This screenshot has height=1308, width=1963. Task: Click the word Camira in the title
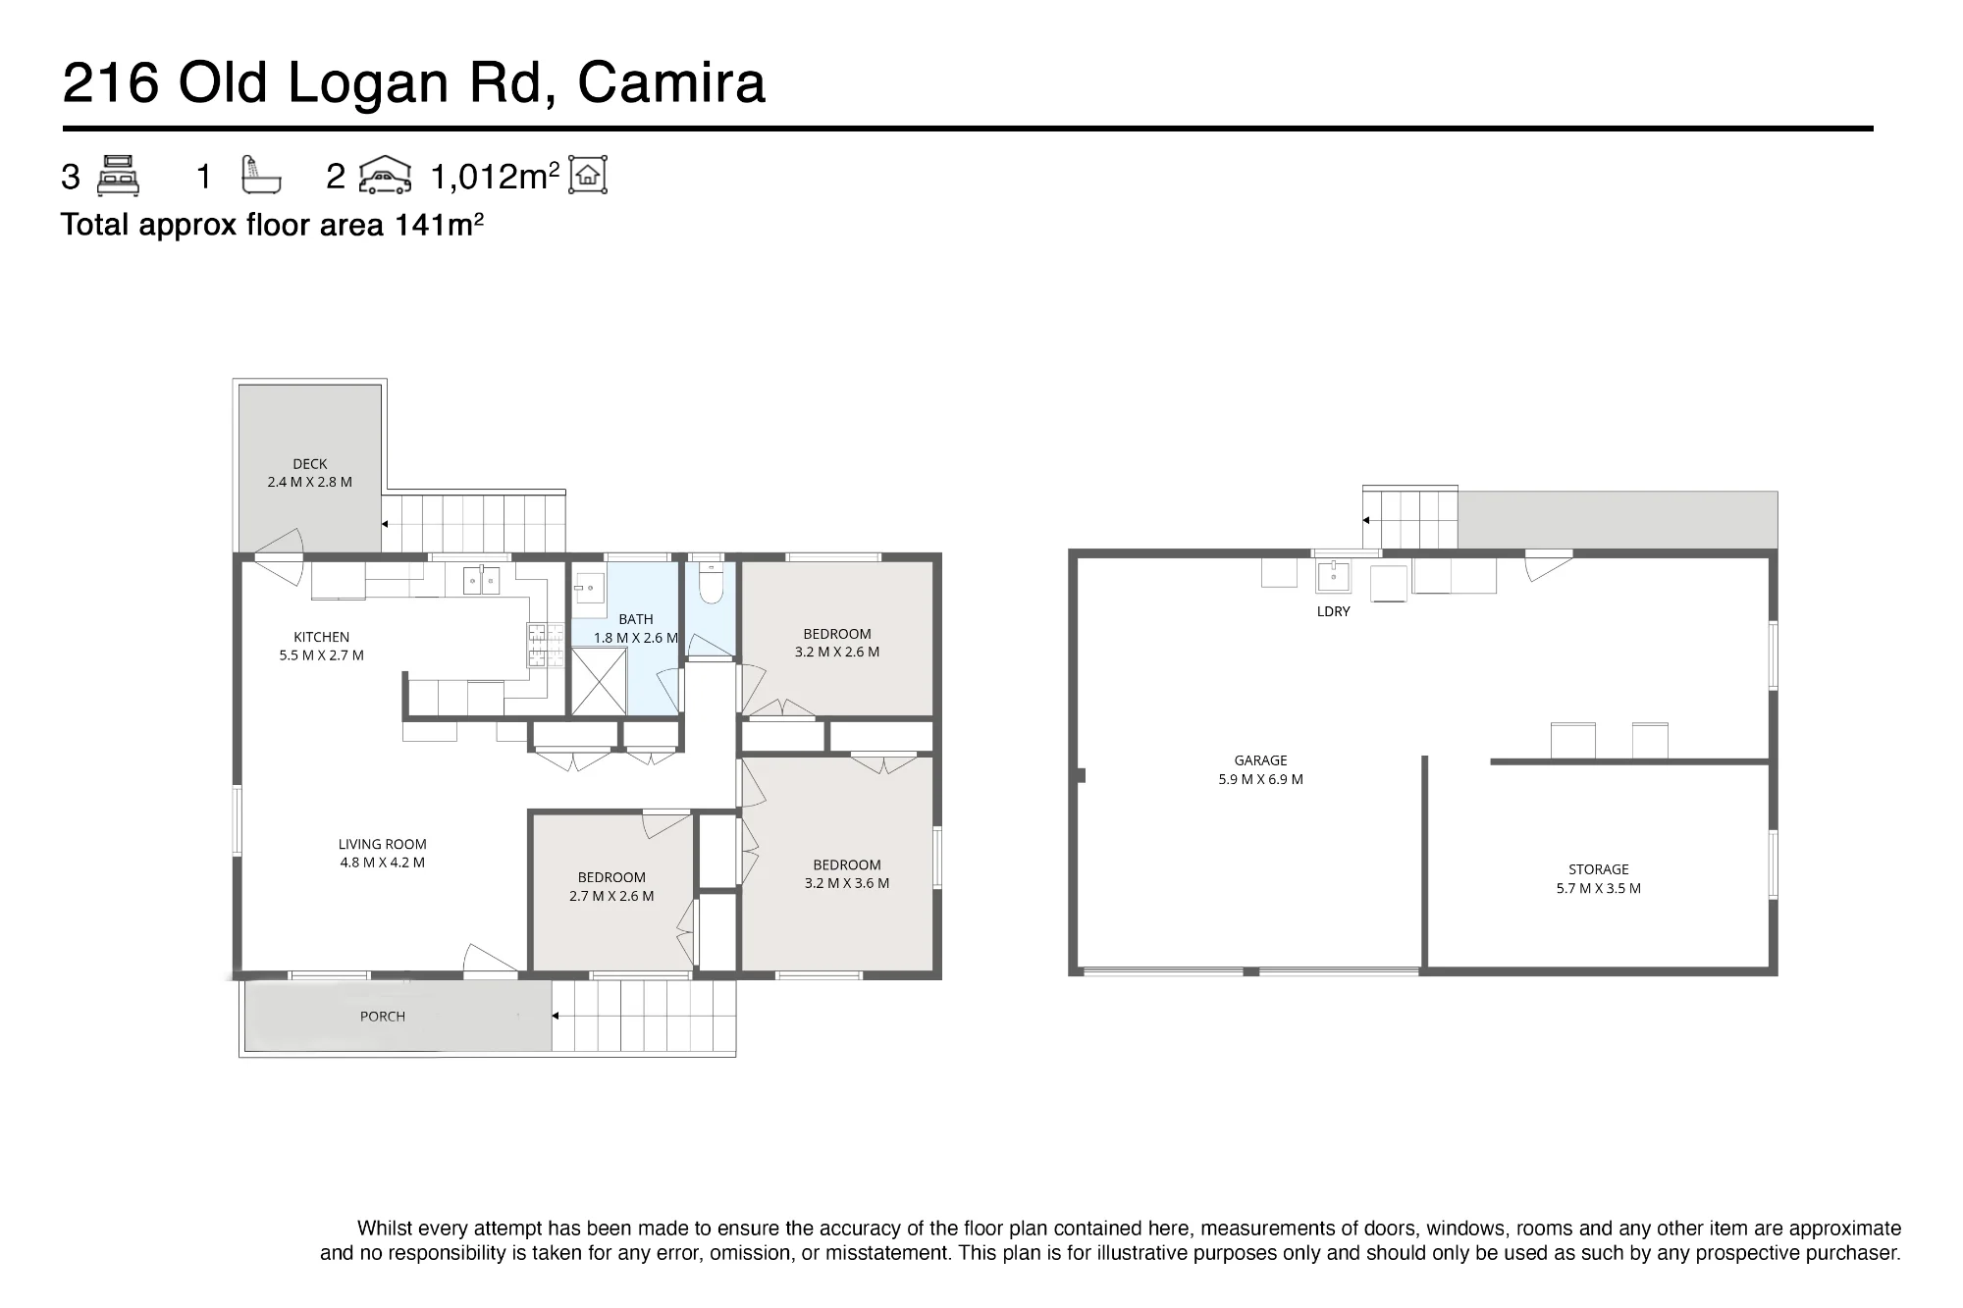pyautogui.click(x=671, y=82)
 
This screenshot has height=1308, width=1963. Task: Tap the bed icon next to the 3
pyautogui.click(x=118, y=176)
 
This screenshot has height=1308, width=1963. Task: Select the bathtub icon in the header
pyautogui.click(x=261, y=176)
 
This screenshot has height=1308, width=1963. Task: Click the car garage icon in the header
pyautogui.click(x=385, y=176)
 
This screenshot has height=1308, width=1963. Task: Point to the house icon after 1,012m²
pyautogui.click(x=588, y=175)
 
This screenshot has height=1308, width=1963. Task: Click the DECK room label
pyautogui.click(x=310, y=464)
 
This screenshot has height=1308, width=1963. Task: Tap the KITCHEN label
pyautogui.click(x=321, y=637)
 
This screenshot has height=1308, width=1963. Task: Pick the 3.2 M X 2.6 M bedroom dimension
pyautogui.click(x=837, y=652)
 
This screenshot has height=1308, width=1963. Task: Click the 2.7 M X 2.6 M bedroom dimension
pyautogui.click(x=611, y=896)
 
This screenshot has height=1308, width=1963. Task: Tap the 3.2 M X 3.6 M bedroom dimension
pyautogui.click(x=847, y=883)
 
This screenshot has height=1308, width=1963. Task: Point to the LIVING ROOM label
pyautogui.click(x=383, y=844)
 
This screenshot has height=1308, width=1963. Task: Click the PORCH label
pyautogui.click(x=383, y=1017)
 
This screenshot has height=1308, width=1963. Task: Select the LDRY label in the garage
pyautogui.click(x=1334, y=611)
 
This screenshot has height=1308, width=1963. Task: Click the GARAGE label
pyautogui.click(x=1261, y=760)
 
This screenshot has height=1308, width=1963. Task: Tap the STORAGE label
pyautogui.click(x=1599, y=869)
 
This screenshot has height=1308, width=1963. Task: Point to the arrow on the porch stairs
pyautogui.click(x=555, y=1016)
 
